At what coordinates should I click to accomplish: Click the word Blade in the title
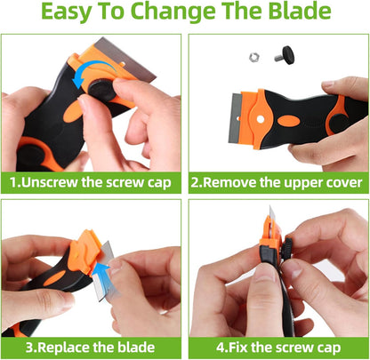pos(300,11)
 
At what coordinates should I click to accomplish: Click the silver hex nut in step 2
pos(254,57)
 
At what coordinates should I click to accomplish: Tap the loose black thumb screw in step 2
pos(285,55)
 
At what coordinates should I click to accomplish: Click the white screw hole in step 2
pos(261,119)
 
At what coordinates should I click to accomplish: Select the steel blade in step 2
pos(236,119)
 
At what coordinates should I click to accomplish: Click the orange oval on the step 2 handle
pos(288,121)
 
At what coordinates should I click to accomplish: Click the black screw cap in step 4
pos(288,248)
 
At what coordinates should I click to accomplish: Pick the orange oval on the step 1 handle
pos(72,112)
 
